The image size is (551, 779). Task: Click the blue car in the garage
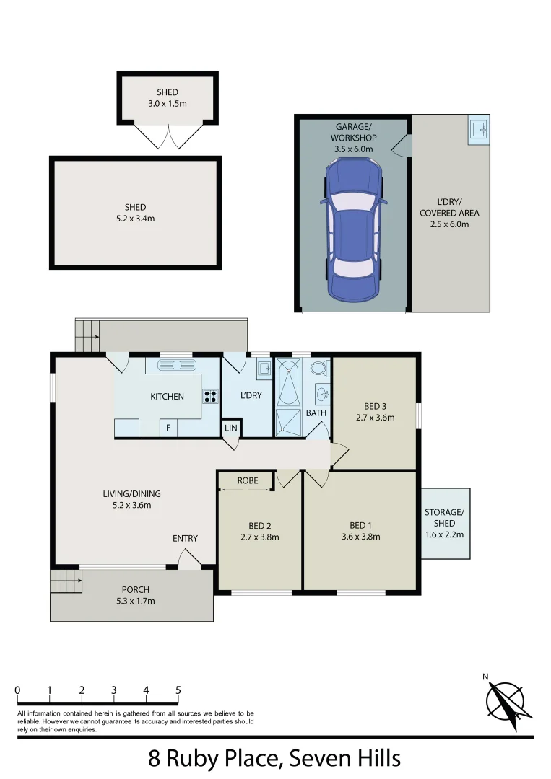353,229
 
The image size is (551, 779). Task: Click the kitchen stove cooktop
211,395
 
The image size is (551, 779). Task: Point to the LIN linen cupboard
231,428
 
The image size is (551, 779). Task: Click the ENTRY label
185,539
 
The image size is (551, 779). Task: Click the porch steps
64,579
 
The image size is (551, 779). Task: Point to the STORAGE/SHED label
445,518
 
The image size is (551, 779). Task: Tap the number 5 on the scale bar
178,690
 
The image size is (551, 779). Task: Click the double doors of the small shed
168,136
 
